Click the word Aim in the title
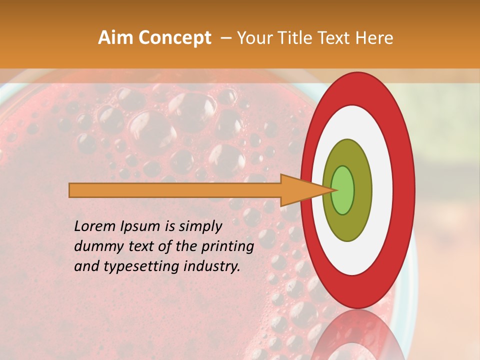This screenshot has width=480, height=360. click(116, 38)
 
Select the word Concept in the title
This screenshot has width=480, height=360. click(175, 38)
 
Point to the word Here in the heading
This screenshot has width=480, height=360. click(374, 38)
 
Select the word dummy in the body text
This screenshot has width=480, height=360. click(95, 246)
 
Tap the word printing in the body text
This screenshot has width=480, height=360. click(227, 246)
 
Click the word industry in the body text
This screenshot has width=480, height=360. click(212, 266)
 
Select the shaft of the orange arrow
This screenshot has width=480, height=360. click(175, 190)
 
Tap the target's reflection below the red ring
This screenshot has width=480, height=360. click(357, 335)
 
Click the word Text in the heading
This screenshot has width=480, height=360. click(340, 38)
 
